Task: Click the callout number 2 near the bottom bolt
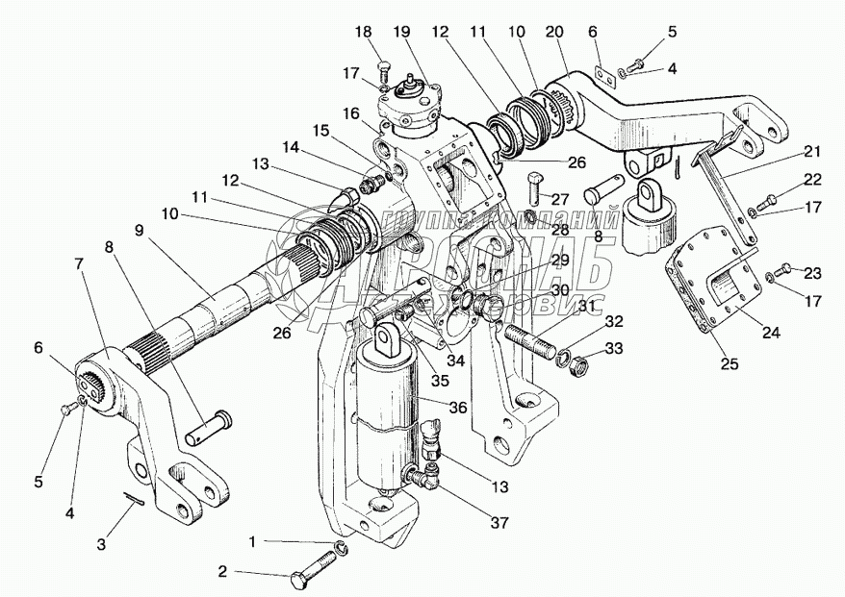pyautogui.click(x=223, y=573)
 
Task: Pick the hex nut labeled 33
pyautogui.click(x=581, y=365)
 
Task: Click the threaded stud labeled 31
pyautogui.click(x=530, y=341)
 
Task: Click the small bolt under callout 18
pyautogui.click(x=384, y=70)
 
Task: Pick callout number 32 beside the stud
pyautogui.click(x=612, y=321)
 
